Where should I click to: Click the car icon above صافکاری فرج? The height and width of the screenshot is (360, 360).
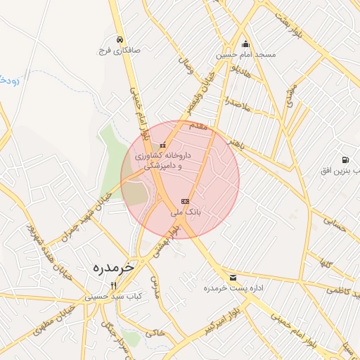click(121, 39)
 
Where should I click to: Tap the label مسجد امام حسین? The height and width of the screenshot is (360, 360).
click(246, 54)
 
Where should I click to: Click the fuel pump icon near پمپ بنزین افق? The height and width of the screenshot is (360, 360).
click(345, 160)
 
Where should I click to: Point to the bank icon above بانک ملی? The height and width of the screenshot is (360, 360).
click(185, 201)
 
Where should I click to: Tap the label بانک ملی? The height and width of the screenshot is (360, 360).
click(186, 211)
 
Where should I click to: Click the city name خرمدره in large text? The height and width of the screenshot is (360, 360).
click(113, 268)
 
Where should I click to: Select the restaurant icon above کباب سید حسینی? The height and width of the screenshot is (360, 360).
click(114, 285)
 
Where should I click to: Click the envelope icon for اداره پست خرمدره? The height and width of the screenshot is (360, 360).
click(233, 278)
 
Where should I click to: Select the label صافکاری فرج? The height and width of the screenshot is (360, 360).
click(122, 51)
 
